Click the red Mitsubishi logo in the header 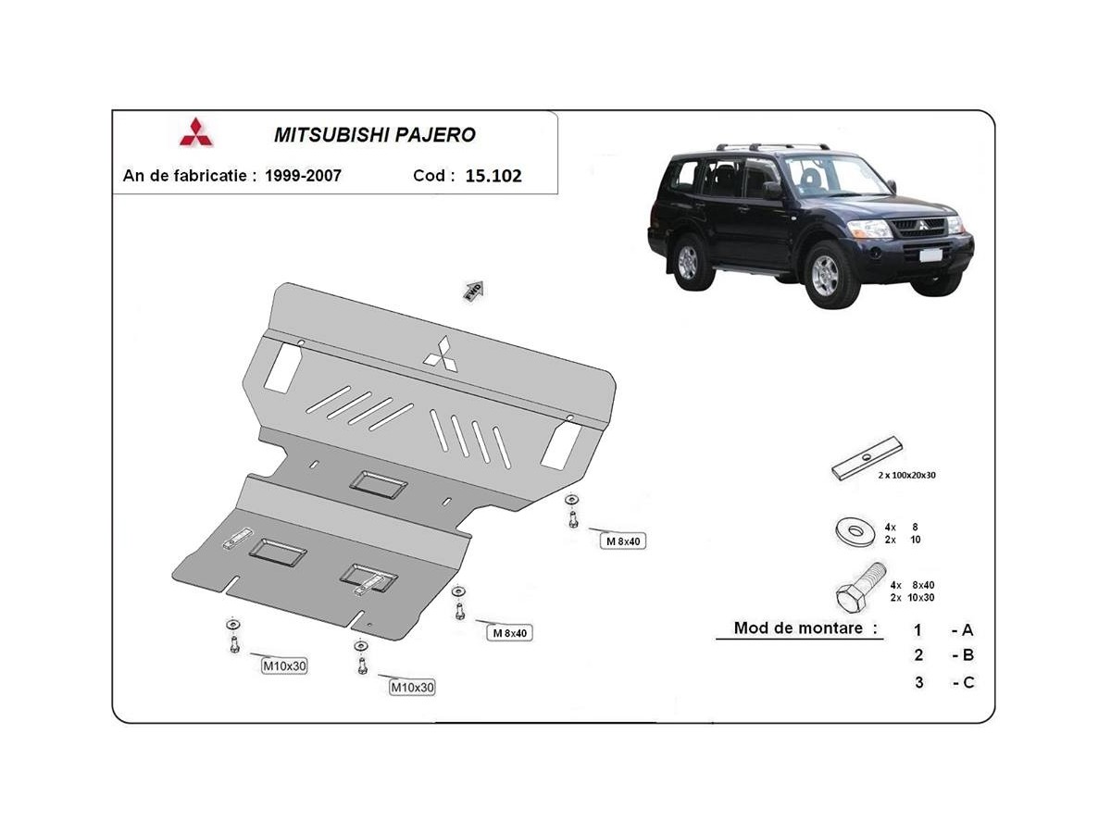196,132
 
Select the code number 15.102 493,176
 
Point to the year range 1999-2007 303,176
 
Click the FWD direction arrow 474,291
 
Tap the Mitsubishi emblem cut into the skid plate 441,354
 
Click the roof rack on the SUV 773,146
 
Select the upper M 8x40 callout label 623,541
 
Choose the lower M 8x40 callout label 509,633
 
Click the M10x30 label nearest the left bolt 284,666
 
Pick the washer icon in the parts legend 855,531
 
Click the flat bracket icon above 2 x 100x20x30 867,458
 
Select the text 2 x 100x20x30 907,476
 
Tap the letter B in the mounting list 968,655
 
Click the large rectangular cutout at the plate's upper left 283,368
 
